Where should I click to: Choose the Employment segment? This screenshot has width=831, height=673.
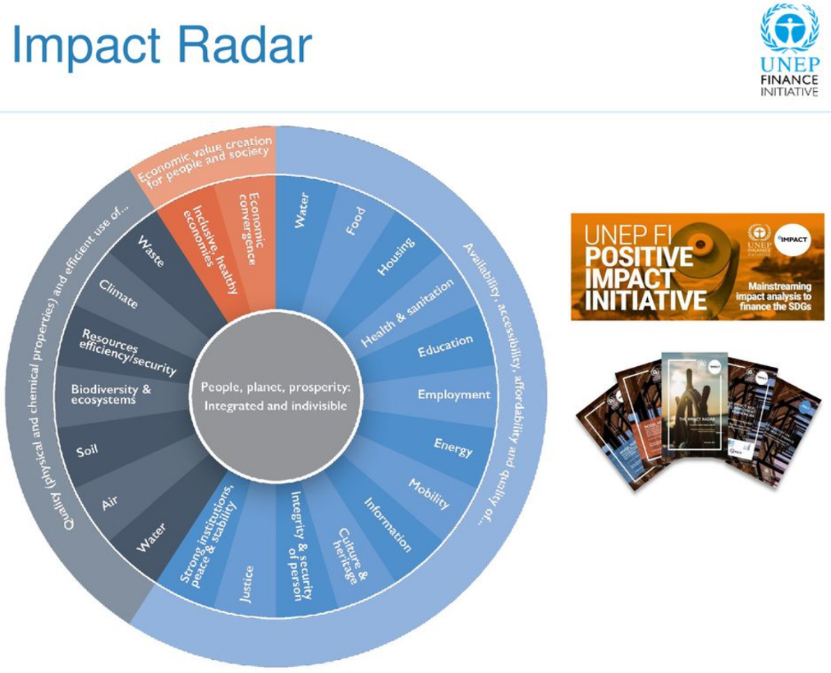coord(454,395)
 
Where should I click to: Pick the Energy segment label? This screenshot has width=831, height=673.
coord(452,446)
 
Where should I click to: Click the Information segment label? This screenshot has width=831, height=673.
coord(387,523)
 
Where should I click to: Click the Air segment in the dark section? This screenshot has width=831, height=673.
coord(111,504)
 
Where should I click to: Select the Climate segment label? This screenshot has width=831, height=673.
coord(118,294)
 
